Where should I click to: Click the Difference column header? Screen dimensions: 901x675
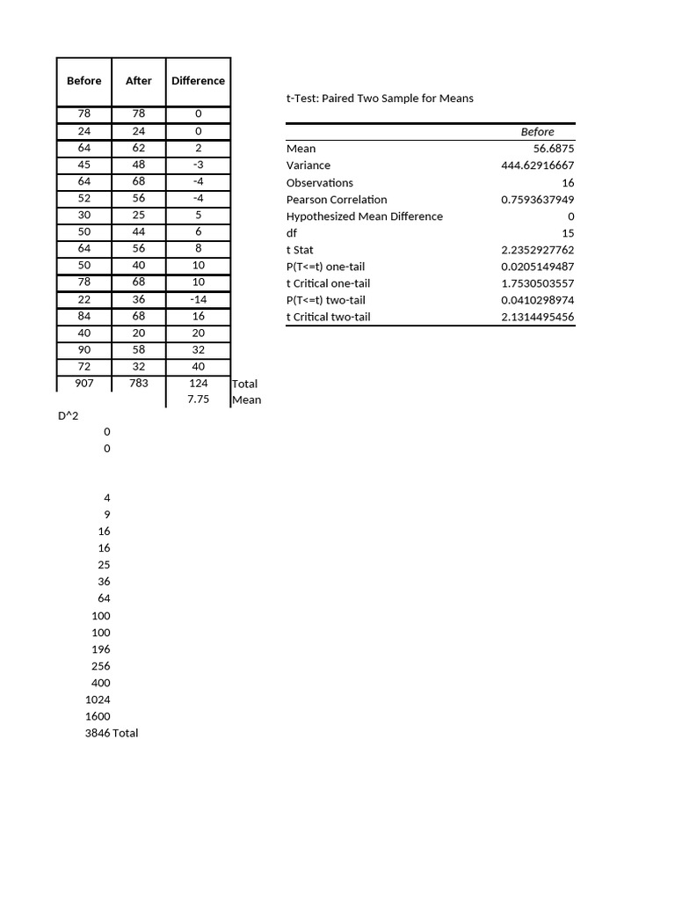[x=198, y=81]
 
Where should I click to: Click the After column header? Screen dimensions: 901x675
[x=139, y=81]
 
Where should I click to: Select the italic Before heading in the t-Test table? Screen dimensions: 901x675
[x=537, y=132]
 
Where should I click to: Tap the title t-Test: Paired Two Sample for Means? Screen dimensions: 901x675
[x=380, y=99]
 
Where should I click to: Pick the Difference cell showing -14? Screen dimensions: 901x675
[x=198, y=300]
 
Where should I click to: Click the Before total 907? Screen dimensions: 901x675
[x=84, y=384]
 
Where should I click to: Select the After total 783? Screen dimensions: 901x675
[x=139, y=384]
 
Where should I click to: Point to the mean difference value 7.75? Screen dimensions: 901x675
[x=198, y=400]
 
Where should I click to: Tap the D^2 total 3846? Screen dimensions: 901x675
[x=98, y=733]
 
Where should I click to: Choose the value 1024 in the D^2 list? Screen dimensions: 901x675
[x=98, y=700]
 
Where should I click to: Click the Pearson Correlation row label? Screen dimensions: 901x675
[x=337, y=200]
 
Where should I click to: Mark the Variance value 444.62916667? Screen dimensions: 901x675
[x=537, y=165]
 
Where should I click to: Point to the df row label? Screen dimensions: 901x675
[x=293, y=233]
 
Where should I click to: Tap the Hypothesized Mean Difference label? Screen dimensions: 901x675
[x=365, y=216]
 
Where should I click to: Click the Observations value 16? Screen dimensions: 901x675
[x=568, y=183]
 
